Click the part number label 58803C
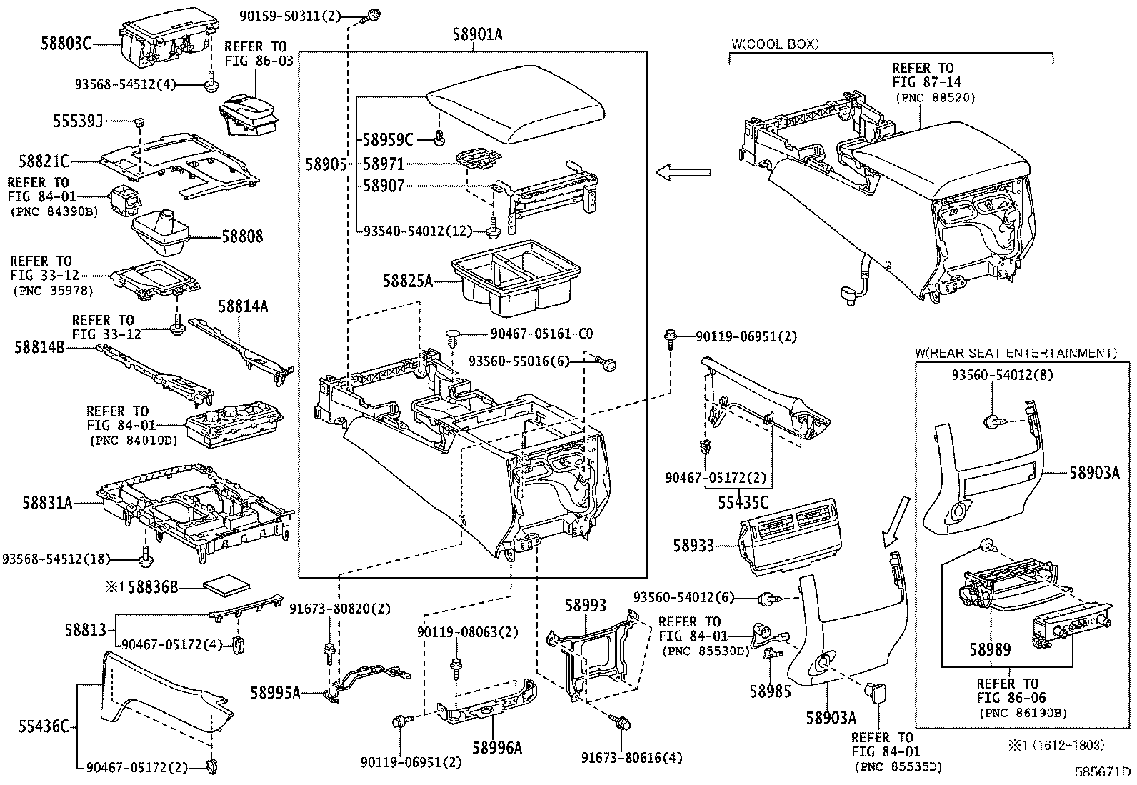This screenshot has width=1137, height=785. [x=66, y=44]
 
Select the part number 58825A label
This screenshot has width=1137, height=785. [x=408, y=280]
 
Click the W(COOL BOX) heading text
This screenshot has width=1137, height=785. [x=775, y=44]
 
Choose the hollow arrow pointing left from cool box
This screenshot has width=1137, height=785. [x=683, y=173]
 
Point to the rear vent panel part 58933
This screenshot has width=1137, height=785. [x=791, y=536]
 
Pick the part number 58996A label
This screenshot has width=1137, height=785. [x=497, y=747]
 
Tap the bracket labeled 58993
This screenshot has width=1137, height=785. [x=594, y=655]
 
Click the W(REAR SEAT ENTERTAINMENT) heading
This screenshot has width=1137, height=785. [x=1016, y=353]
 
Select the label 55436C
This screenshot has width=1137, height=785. [x=44, y=726]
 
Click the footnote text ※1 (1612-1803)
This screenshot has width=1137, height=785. [x=1056, y=745]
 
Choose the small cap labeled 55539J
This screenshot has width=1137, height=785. [x=139, y=122]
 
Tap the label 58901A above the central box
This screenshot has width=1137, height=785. [x=477, y=34]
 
